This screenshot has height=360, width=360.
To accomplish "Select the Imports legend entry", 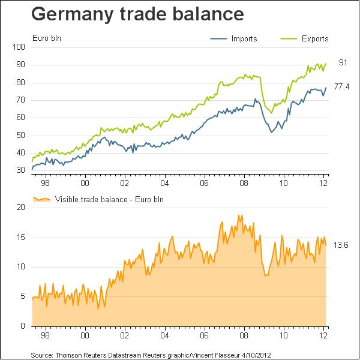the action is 233,38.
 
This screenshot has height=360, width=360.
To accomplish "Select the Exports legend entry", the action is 304,38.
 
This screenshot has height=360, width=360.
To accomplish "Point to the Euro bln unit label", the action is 47,38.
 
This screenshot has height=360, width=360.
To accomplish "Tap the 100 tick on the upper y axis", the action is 19,47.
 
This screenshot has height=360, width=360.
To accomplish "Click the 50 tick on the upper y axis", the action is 20,136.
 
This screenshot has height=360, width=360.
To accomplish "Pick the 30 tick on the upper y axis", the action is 20,170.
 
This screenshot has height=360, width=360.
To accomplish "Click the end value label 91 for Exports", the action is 343,62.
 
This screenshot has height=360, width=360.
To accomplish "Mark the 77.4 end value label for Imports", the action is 341,87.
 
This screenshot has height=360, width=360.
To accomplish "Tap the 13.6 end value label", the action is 341,245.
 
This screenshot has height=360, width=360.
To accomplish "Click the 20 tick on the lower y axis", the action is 20,208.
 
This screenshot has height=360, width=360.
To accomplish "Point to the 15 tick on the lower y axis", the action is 20,237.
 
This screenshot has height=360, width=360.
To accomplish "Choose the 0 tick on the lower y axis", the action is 23,326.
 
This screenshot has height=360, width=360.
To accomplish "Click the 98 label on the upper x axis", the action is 45,183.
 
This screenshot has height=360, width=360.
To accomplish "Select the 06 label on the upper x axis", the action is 204,183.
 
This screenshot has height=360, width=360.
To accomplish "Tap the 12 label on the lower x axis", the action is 323,335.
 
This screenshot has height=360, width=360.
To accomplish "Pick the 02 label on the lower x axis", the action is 125,335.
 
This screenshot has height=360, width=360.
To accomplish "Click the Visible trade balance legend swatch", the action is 41,199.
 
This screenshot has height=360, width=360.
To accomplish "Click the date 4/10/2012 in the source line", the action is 256,355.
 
